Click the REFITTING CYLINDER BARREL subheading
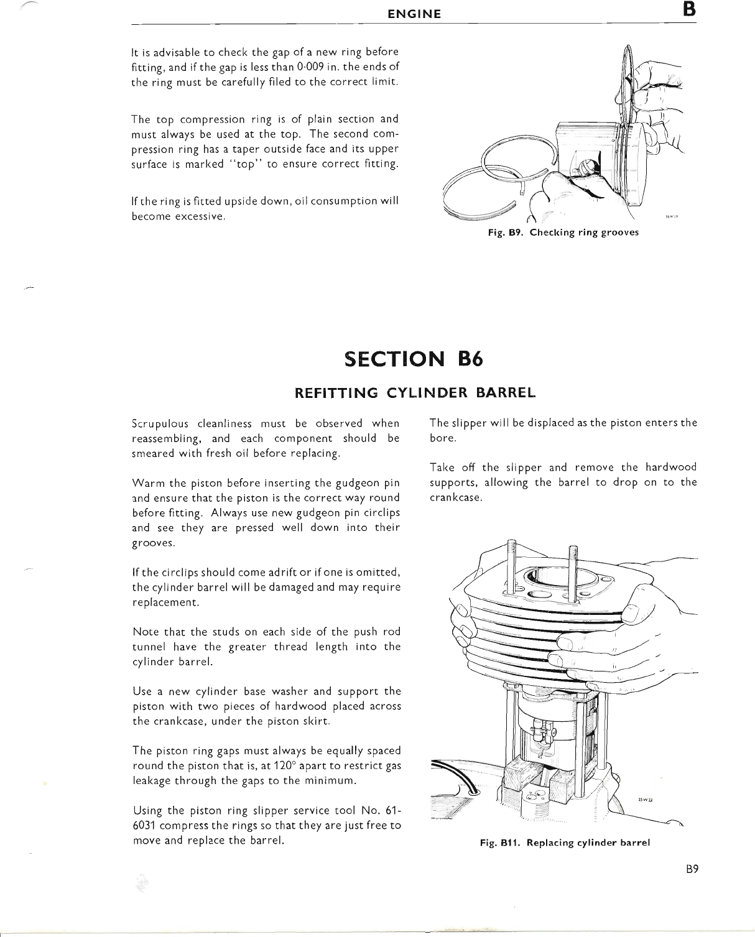pos(414,393)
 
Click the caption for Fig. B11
pos(565,843)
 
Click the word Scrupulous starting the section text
pos(160,424)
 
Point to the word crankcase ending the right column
pos(456,498)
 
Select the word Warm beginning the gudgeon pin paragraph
pos(147,483)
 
